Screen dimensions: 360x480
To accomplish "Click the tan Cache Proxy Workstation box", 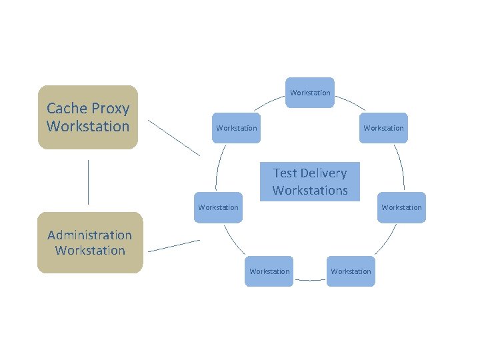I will coord(88,117).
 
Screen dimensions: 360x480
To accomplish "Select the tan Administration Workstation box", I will coord(90,243).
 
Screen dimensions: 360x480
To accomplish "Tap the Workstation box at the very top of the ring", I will coord(310,93).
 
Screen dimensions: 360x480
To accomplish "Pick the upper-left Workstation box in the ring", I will coord(236,128).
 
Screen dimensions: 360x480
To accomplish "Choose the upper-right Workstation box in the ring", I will coord(383,128).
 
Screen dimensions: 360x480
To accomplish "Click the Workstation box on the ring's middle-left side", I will coord(218,207).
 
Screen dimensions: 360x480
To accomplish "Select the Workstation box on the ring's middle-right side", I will coord(401,207).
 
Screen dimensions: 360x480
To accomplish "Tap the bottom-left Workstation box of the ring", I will coord(269,271).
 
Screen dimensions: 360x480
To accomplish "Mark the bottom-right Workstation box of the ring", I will coord(351,271).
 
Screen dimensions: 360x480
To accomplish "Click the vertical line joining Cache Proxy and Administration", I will coord(88,181).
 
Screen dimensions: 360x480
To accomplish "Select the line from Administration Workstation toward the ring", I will coord(173,246).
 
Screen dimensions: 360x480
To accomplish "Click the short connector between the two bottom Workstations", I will coord(309,280).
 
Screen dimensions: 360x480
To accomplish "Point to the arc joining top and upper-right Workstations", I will coord(351,102).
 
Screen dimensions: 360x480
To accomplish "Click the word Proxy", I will coord(111,109).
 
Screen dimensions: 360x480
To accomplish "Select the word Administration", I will coord(90,235).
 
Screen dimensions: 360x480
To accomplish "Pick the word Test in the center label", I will coord(285,173).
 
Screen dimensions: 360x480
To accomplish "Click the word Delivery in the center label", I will coord(323,173).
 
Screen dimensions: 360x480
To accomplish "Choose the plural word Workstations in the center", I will coord(310,190).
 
